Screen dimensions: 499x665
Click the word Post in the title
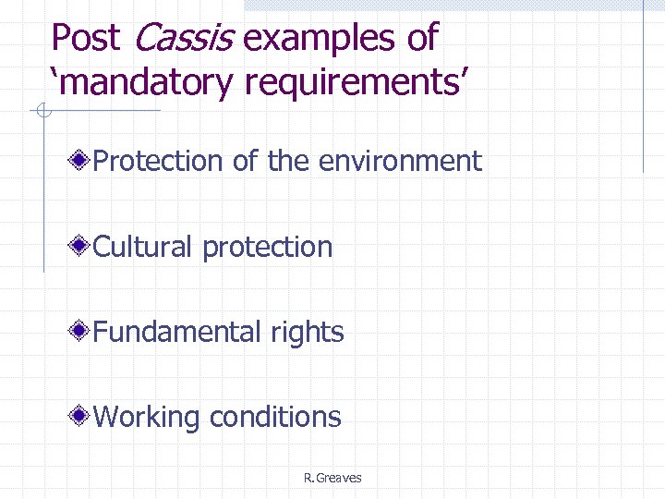pos(85,39)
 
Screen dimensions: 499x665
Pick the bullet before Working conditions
pos(81,417)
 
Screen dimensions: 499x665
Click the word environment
pos(400,162)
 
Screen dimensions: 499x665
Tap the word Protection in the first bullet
pos(159,162)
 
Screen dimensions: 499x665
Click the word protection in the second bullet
pos(267,248)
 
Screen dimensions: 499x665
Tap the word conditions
pos(275,417)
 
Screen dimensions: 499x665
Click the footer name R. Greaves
pos(332,478)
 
